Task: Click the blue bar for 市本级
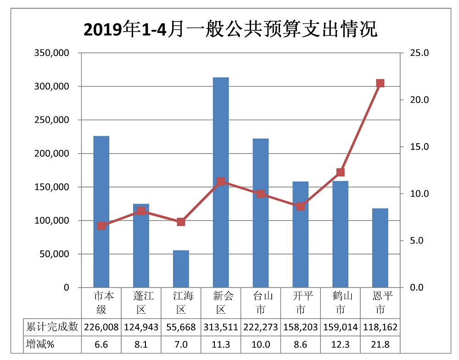point(101,211)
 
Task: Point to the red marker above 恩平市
point(380,83)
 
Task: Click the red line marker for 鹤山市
point(340,172)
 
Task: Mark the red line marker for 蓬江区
point(141,211)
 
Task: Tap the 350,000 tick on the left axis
point(52,53)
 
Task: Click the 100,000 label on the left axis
point(52,221)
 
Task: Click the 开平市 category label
point(301,303)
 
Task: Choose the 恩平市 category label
point(380,303)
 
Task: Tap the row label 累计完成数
point(52,327)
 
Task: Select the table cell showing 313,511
point(221,327)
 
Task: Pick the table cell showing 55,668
point(181,327)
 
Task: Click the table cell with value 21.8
point(380,344)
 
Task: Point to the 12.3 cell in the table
point(340,344)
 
